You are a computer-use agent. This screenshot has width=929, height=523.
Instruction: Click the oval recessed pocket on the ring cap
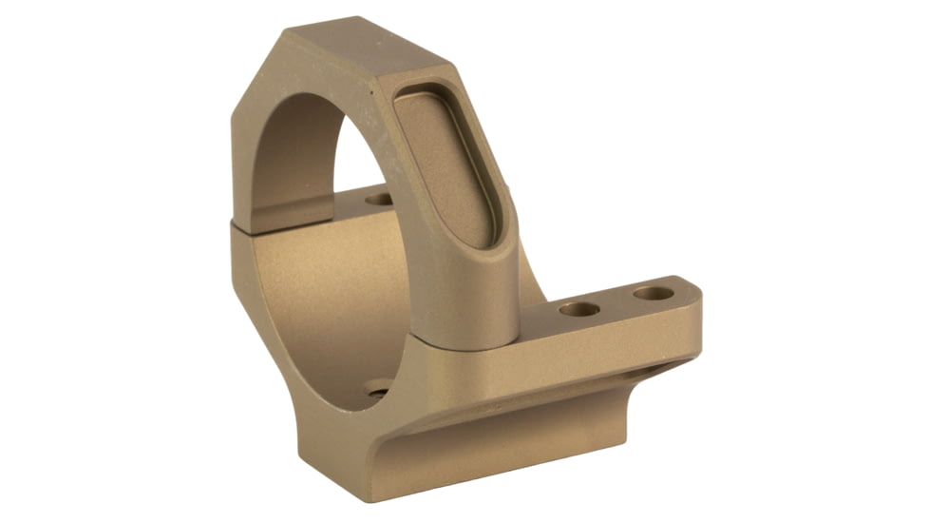[x=446, y=165]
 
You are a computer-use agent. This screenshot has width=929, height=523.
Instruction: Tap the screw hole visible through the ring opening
[x=379, y=201]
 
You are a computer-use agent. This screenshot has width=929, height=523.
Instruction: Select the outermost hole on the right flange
[x=653, y=294]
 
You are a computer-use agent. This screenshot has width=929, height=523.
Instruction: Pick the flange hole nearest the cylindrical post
[x=578, y=309]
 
